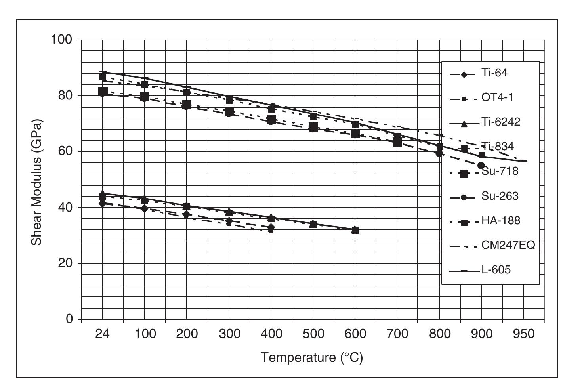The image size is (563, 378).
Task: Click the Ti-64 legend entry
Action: click(494, 73)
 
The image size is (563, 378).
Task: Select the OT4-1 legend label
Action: click(497, 97)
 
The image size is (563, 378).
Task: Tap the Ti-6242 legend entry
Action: click(501, 122)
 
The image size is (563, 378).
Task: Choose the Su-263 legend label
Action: click(500, 196)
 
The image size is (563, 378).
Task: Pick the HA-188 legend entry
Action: click(500, 221)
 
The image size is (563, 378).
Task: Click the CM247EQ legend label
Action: click(508, 245)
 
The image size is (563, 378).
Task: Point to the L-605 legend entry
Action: click(496, 270)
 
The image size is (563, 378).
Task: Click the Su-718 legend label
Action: click(500, 172)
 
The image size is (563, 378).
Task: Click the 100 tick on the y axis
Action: click(61, 40)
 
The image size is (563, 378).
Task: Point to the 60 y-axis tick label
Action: click(65, 151)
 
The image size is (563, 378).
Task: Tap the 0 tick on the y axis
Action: click(69, 319)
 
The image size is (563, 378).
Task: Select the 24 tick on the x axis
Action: click(102, 334)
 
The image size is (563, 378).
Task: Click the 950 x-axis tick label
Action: click(523, 334)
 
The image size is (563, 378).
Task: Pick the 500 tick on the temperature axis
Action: click(313, 334)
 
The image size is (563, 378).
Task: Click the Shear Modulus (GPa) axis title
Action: click(36, 182)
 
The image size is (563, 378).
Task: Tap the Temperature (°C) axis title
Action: click(312, 358)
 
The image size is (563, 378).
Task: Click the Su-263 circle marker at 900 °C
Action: click(481, 166)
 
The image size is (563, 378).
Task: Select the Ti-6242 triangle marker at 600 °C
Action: click(355, 230)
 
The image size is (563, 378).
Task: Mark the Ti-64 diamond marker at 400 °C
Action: click(271, 227)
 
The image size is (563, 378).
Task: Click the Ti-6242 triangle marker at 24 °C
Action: click(103, 193)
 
